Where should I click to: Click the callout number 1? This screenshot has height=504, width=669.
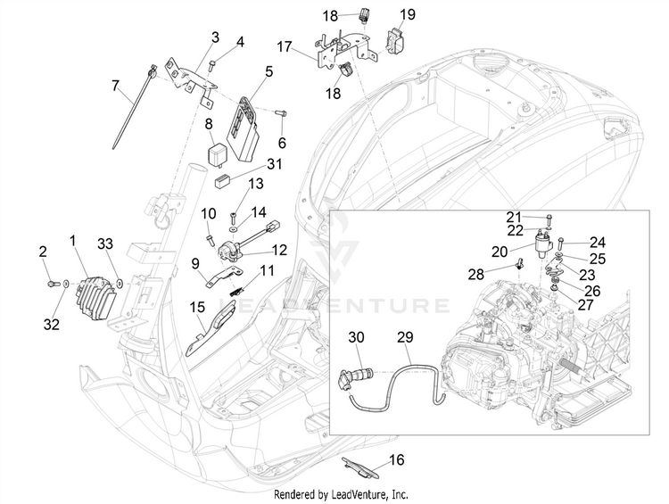pyautogui.click(x=73, y=241)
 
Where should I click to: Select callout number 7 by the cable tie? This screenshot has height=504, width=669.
pyautogui.click(x=114, y=86)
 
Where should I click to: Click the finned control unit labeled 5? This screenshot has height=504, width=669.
pyautogui.click(x=245, y=121)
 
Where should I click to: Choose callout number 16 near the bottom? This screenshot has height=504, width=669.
pyautogui.click(x=397, y=460)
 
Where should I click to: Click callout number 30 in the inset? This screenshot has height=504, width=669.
pyautogui.click(x=357, y=336)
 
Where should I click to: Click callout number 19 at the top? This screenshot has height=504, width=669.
pyautogui.click(x=407, y=14)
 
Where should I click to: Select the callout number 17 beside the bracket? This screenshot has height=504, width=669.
pyautogui.click(x=285, y=46)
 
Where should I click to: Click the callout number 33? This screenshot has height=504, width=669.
pyautogui.click(x=105, y=243)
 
